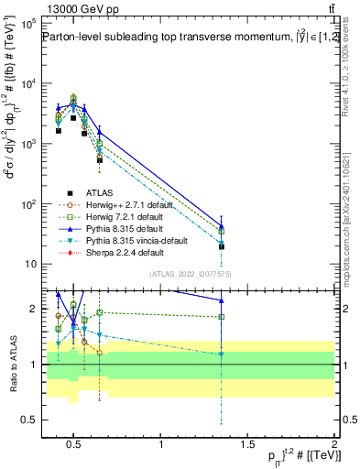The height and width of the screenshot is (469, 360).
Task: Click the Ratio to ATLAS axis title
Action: (11, 364)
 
